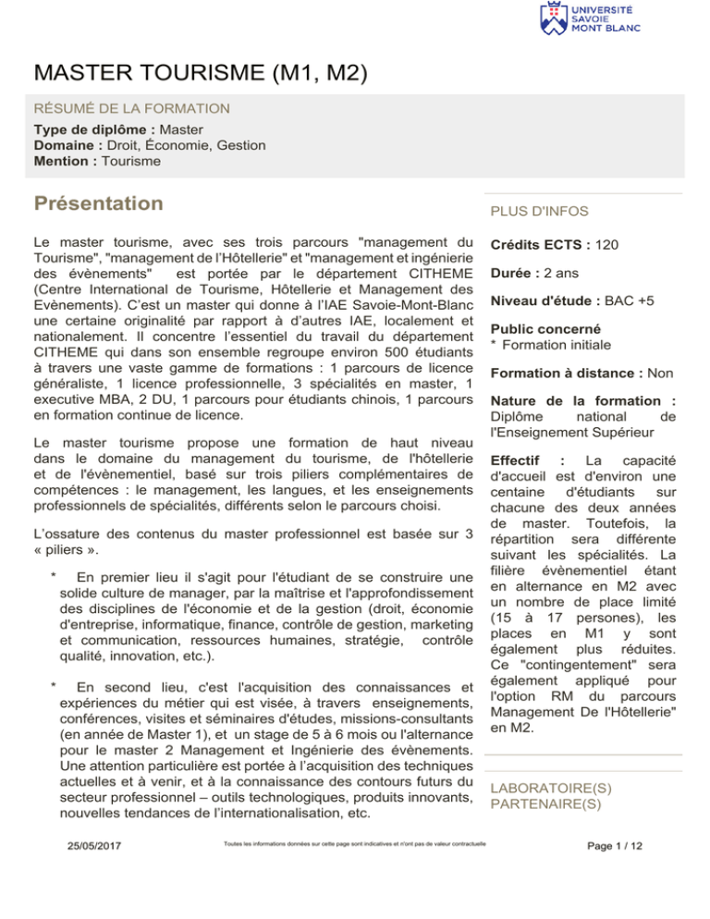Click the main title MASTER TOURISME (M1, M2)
click(x=200, y=71)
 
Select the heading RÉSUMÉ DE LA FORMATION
click(x=131, y=109)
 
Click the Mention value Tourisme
click(x=131, y=162)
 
